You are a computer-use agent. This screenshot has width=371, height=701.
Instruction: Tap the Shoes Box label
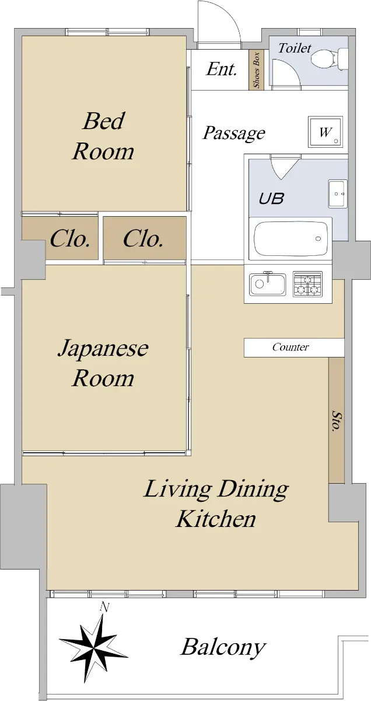coord(257,70)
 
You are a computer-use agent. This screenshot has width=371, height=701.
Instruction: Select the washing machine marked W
coord(325,132)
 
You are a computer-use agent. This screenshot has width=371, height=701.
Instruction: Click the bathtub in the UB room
coord(290,238)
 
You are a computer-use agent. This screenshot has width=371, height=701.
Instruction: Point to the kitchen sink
coord(268,284)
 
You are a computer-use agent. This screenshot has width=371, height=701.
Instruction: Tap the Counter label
coord(290,347)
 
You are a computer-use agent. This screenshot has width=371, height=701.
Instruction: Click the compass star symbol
coord(94,640)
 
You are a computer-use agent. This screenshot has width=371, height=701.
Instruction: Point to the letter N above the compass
coord(104,608)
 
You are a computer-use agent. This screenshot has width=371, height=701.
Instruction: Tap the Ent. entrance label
coord(222,70)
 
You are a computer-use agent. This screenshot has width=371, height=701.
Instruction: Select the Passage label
coord(234,134)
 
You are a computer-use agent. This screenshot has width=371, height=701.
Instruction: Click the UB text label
coord(272,199)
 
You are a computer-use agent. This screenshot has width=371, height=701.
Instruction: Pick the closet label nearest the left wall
coord(69,239)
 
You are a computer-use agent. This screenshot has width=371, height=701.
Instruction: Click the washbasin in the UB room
coord(338,193)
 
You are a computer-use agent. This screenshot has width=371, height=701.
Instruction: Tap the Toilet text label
coord(295,48)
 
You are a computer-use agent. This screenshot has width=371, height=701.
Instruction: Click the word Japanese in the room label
coord(103,349)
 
